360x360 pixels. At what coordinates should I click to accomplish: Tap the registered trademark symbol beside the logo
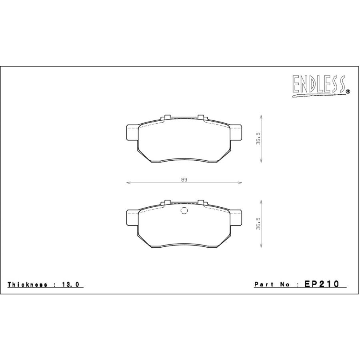(347, 92)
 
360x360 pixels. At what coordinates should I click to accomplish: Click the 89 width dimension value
(184, 180)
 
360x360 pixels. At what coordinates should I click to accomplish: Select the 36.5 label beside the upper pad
(258, 138)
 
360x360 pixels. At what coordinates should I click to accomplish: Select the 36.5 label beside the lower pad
(258, 224)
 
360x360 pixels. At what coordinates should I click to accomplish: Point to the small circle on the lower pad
(184, 212)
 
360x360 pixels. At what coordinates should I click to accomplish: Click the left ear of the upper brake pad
(132, 133)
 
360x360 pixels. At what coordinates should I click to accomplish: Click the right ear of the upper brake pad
(236, 133)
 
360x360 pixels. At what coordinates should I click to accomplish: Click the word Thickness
(27, 284)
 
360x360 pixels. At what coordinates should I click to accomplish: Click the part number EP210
(322, 284)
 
